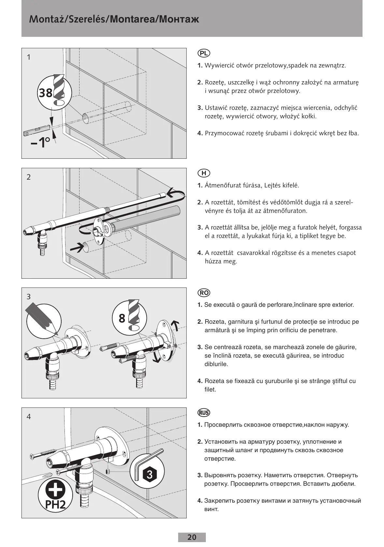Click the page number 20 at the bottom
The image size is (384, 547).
pos(192,537)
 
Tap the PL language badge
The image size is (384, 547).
pos(204,53)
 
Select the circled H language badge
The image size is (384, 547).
pos(204,173)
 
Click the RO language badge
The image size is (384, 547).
pos(204,293)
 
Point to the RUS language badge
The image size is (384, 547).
pos(204,413)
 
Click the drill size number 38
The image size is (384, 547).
pos(46,93)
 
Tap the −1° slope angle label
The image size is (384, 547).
pos(40,142)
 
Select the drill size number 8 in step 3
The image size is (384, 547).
pos(122,318)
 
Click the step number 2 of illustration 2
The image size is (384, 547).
pos(29,177)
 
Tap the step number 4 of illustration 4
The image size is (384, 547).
pos(29,417)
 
